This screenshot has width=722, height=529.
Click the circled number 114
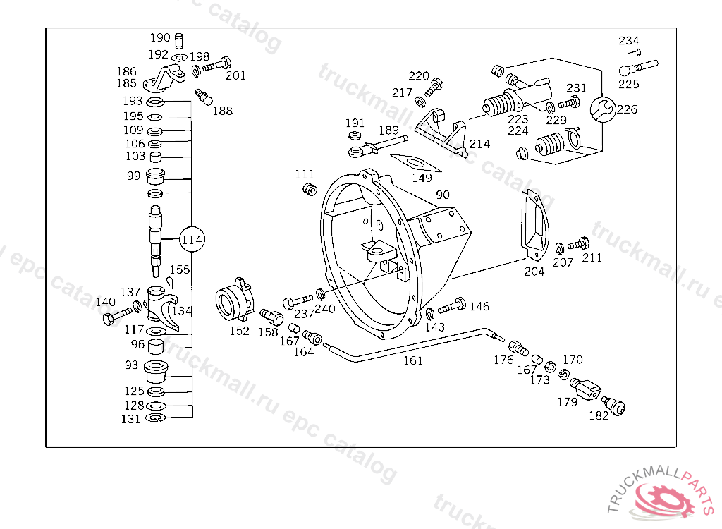pos(192,239)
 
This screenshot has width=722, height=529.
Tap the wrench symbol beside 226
pos(603,109)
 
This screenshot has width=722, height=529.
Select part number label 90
pos(443,195)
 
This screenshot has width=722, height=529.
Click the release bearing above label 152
pos(234,300)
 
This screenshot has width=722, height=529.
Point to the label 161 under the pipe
pos(413,361)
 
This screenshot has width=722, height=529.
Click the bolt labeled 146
pos(452,306)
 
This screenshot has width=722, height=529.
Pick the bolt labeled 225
pos(639,67)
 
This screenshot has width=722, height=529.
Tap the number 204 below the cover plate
pos(534,272)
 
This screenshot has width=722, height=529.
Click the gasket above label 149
pos(415,163)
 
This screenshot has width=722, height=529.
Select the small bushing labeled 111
pos(310,189)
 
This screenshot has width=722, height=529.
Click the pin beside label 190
pos(180,40)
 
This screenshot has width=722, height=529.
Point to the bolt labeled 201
pos(217,64)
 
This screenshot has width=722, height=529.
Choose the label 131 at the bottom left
pos(130,420)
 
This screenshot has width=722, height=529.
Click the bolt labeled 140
pos(117,316)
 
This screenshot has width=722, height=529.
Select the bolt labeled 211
pos(578,244)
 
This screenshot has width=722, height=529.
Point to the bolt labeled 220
pos(434,87)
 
